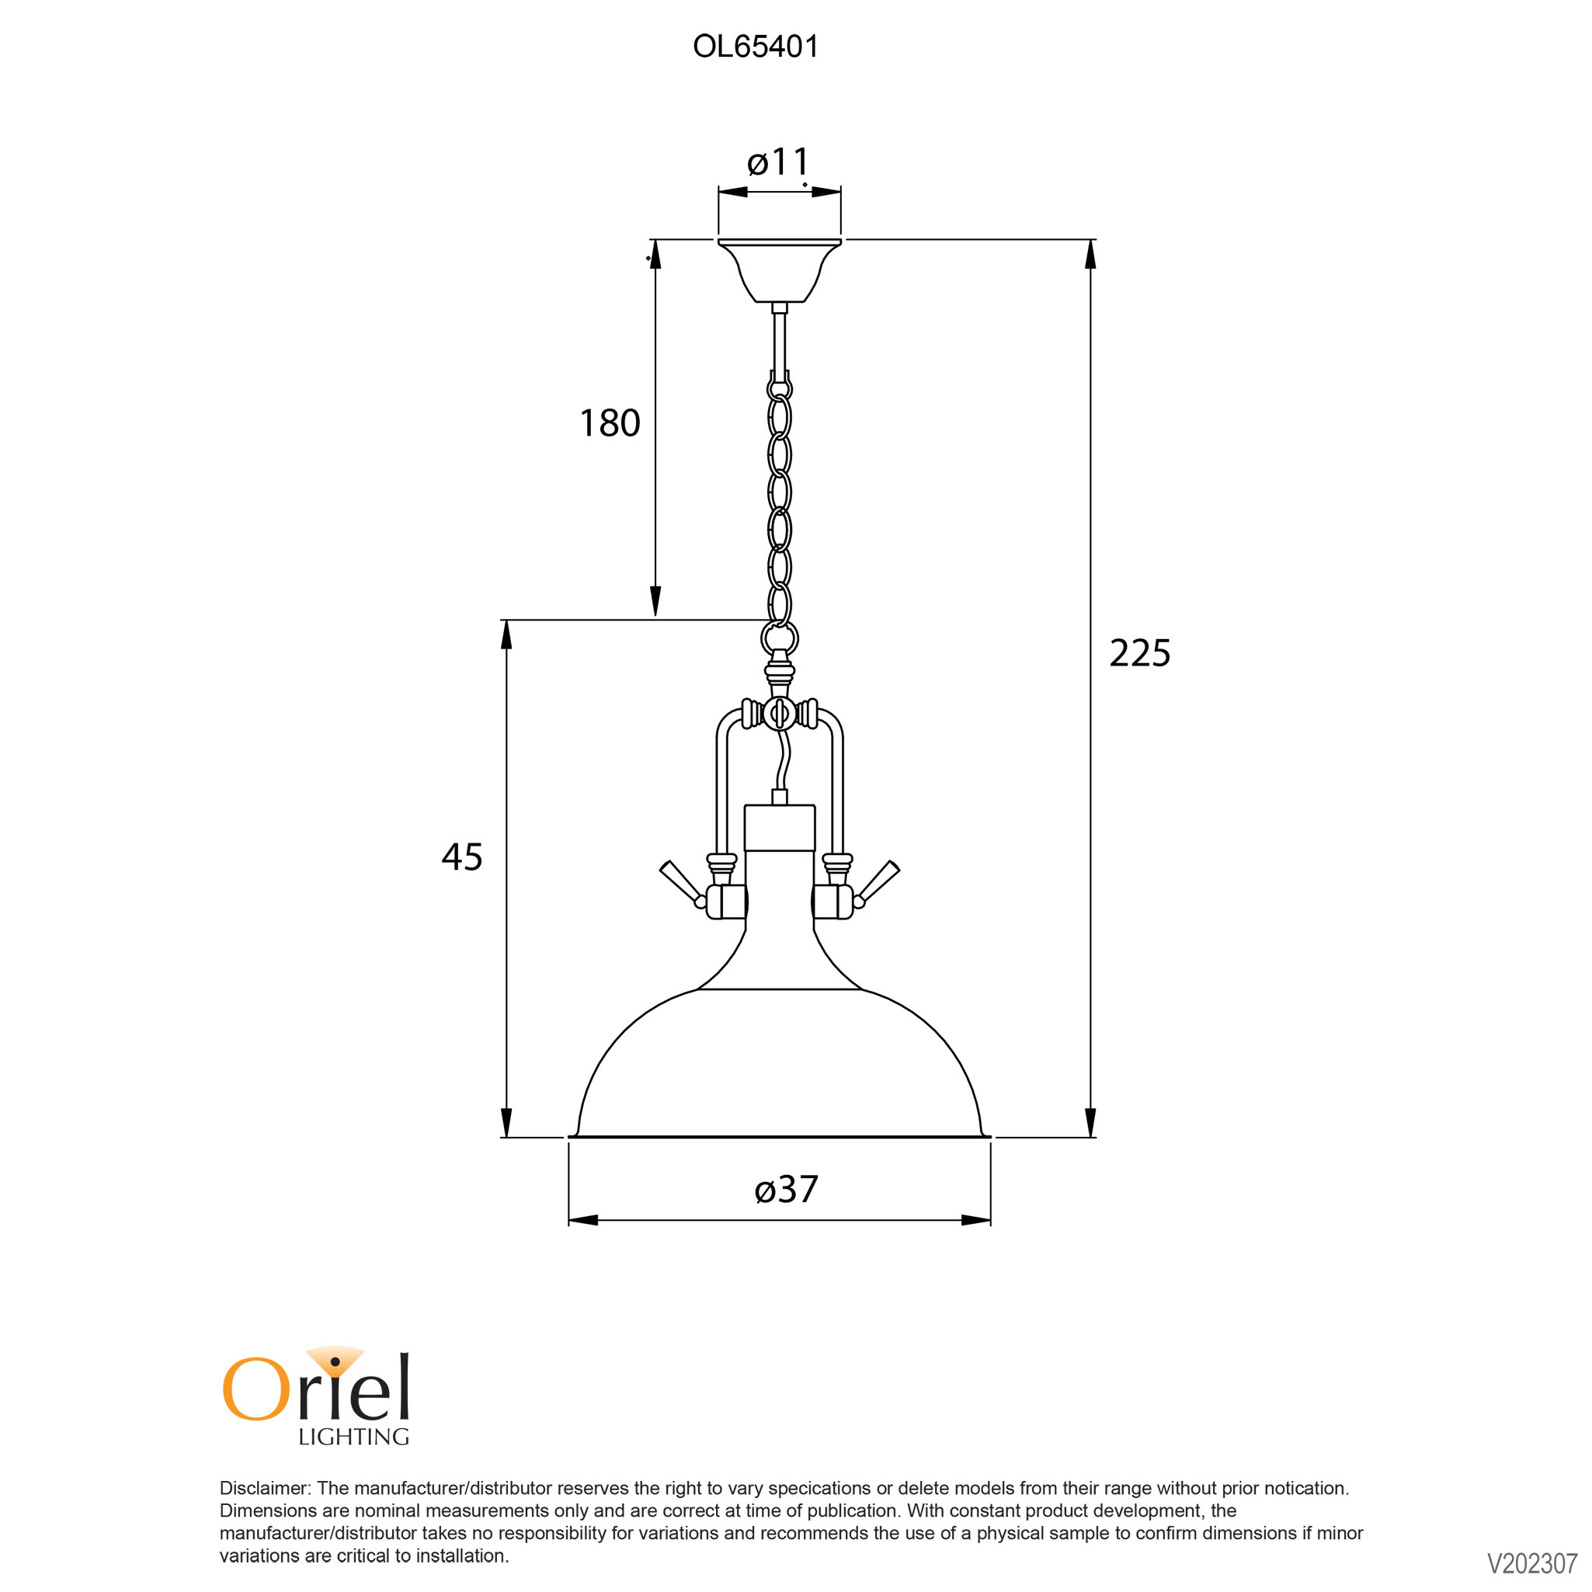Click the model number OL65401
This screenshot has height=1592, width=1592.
(x=756, y=47)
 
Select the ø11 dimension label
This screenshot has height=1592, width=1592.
(x=779, y=162)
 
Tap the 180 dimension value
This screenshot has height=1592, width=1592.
(x=610, y=423)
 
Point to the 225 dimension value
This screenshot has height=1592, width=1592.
(x=1139, y=653)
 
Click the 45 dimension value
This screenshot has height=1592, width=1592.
(x=462, y=857)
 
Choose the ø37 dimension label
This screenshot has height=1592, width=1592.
(x=786, y=1190)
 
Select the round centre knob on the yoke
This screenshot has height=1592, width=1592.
(x=780, y=713)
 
